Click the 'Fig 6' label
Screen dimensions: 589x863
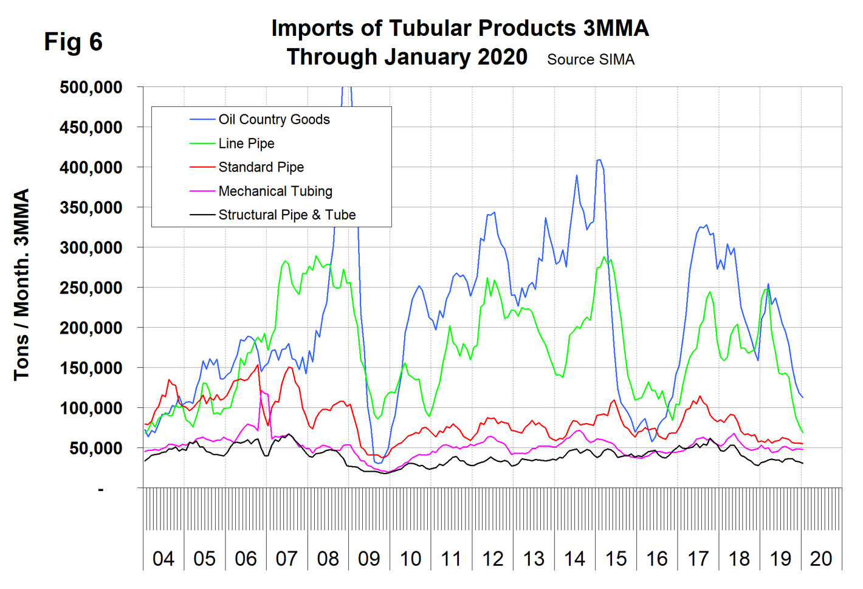[73, 42]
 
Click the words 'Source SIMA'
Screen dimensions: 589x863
[590, 60]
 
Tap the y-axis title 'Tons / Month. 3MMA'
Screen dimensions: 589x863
[22, 284]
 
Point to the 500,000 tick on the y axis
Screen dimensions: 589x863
[91, 88]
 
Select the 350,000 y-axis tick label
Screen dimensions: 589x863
[91, 208]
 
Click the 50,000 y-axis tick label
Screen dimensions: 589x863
[95, 449]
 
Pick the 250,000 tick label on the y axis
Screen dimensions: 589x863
[91, 288]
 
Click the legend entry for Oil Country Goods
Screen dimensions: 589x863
[273, 120]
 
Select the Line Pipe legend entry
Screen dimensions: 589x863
[246, 143]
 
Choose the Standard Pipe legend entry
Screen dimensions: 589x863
[261, 167]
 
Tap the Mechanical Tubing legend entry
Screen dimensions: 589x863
[275, 191]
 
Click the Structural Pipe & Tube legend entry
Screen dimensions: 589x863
[287, 215]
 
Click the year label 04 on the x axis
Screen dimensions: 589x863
[163, 559]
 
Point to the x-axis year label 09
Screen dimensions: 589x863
[369, 559]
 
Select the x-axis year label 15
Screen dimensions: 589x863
[616, 559]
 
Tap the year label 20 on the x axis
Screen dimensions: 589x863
[821, 559]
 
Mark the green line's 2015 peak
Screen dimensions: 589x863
[604, 257]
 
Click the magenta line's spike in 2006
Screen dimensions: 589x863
[262, 390]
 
